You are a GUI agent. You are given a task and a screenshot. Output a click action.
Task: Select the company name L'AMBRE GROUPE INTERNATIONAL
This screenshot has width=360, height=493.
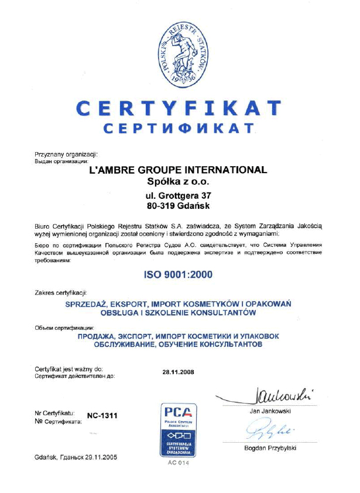pyautogui.click(x=177, y=170)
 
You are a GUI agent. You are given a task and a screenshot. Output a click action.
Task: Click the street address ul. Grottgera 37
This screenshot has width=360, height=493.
pyautogui.click(x=177, y=195)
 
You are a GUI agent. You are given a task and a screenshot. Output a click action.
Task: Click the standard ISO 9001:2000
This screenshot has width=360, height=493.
pyautogui.click(x=177, y=273)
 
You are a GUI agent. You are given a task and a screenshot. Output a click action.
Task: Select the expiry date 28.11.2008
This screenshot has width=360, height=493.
pyautogui.click(x=178, y=371)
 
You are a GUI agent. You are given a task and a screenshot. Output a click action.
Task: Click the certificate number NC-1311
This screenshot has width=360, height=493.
pyautogui.click(x=102, y=415)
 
